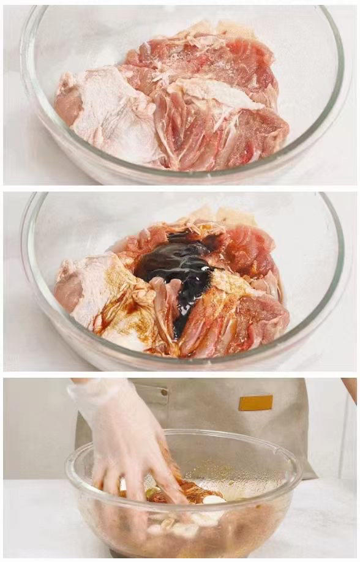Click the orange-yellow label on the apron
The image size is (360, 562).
pyautogui.click(x=256, y=403)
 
